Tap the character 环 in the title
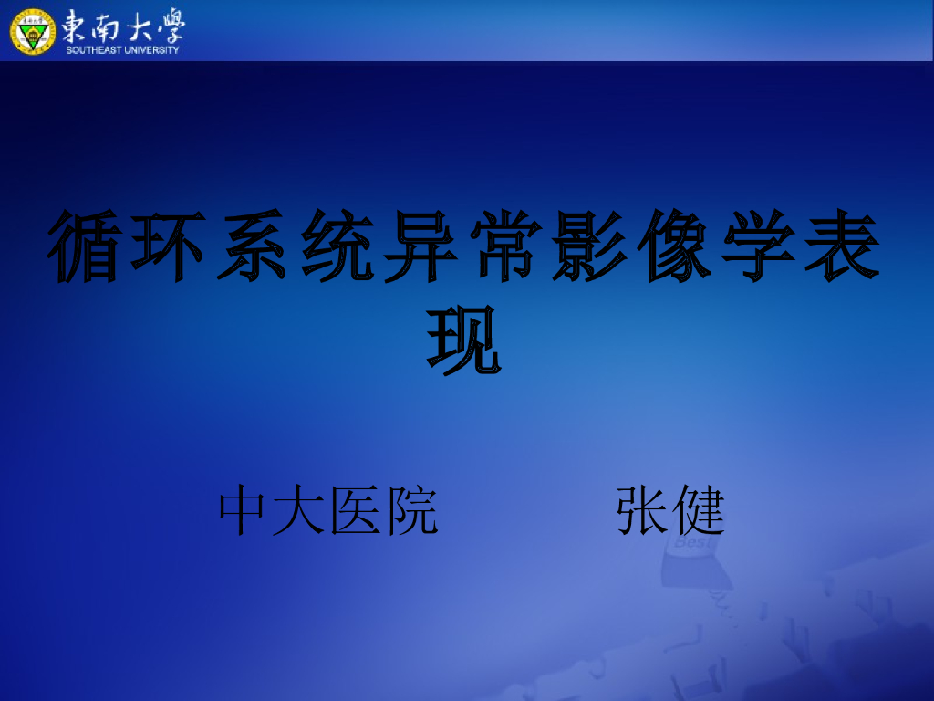point(168,246)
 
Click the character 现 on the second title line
point(465,340)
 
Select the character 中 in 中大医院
point(245,511)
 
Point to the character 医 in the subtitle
point(357,511)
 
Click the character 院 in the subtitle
point(411,511)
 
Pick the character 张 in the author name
point(643,511)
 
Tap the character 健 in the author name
point(698,511)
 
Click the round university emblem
point(33,30)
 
